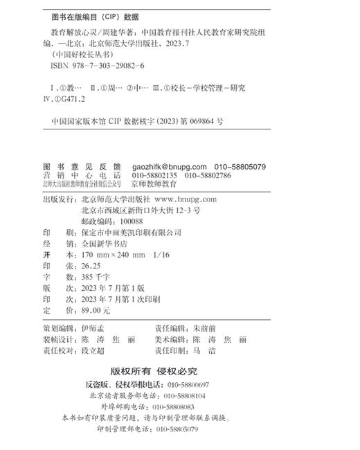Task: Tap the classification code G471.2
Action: point(67,99)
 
